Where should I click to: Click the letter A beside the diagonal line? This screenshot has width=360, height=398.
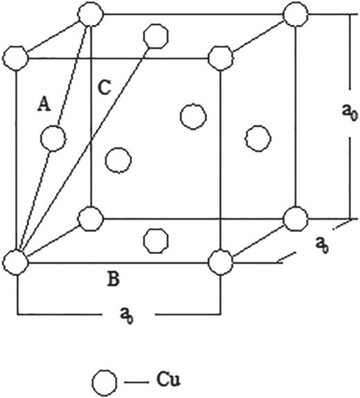tap(44, 104)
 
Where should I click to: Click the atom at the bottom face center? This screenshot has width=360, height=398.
tap(154, 239)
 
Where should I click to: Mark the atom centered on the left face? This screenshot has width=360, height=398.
tap(53, 138)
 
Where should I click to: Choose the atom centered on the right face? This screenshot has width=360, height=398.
tap(257, 136)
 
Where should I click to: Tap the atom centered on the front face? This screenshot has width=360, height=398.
tap(118, 160)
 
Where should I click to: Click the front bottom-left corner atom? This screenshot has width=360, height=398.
tap(16, 262)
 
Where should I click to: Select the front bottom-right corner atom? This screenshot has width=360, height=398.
tap(219, 262)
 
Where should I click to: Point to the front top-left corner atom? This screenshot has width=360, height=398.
tap(16, 56)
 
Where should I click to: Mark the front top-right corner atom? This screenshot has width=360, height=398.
tap(219, 56)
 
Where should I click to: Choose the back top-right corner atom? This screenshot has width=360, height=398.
tap(294, 13)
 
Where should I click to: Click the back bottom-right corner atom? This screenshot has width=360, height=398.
tap(294, 219)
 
